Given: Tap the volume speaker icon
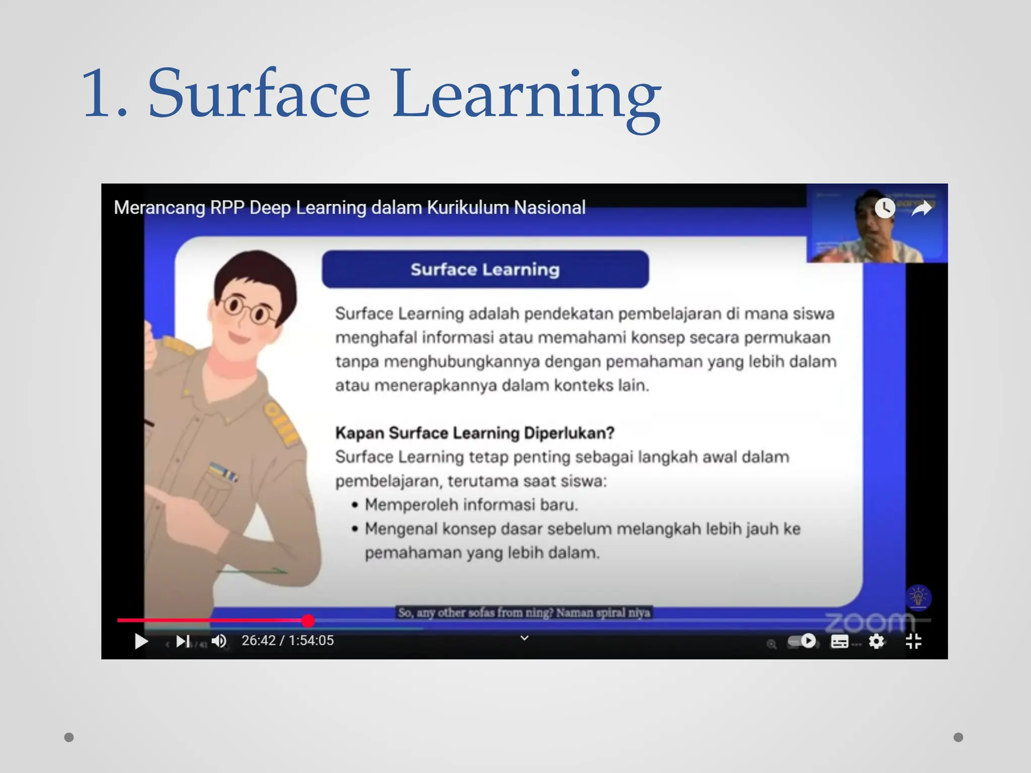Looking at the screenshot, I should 219,641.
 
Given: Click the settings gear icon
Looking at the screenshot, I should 876,641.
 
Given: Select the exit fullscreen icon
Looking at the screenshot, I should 913,641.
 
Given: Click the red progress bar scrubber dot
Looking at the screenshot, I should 308,621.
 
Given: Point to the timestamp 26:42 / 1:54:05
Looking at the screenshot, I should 287,640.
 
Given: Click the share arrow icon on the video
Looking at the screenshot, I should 922,208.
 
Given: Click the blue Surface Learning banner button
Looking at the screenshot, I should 485,269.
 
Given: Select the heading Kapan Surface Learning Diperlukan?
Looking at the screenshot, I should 475,433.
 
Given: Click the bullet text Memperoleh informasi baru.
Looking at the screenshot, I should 471,504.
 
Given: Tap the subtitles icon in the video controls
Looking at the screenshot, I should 839,641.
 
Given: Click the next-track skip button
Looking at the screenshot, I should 183,641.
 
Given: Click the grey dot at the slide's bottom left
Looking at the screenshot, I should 69,737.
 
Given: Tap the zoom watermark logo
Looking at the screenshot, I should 869,622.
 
